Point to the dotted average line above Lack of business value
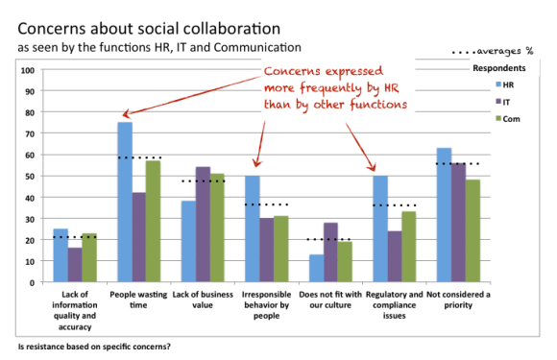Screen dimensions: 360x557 tap(202, 181)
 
